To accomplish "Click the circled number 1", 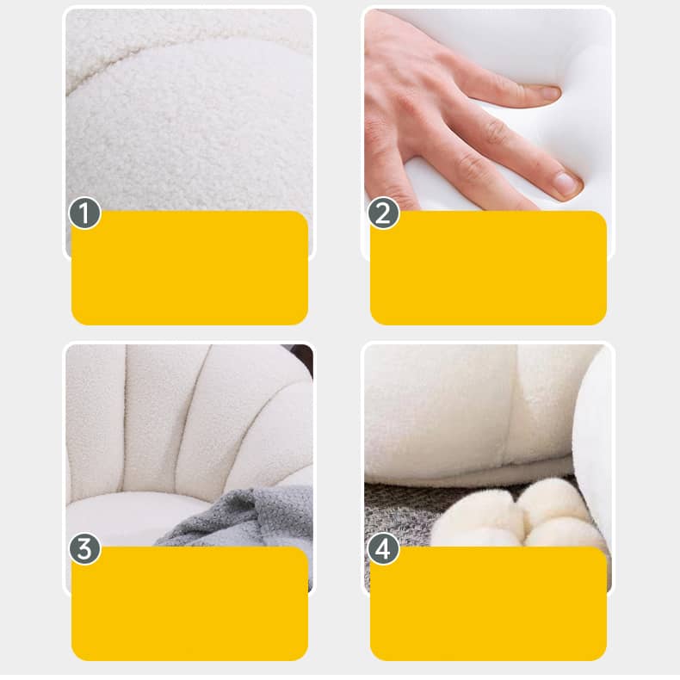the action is [85, 213].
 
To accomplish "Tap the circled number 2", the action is [383, 213].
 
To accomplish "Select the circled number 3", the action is [85, 548].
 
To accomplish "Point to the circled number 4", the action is [383, 548].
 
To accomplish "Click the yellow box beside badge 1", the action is [189, 268].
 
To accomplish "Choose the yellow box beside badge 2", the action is [488, 268].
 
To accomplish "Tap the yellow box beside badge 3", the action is [189, 603].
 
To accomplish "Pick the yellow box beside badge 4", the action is [488, 603].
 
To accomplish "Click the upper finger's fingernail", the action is [547, 92].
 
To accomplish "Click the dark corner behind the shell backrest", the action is [302, 356].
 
